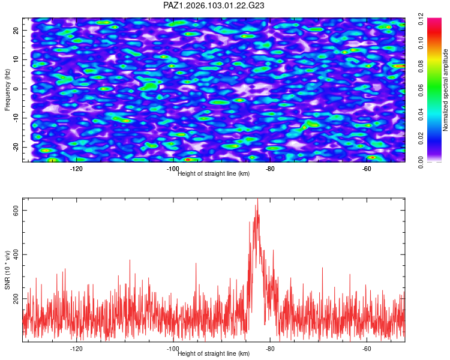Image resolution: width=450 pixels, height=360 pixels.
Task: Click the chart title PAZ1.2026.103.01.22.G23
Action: point(214,5)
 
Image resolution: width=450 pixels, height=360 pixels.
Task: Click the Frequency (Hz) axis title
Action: point(7,90)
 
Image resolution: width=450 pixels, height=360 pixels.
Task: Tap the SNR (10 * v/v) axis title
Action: point(7,270)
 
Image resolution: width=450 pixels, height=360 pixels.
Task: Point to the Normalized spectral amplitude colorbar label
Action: point(445,90)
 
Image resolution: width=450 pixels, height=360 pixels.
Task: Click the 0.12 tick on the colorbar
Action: point(421,19)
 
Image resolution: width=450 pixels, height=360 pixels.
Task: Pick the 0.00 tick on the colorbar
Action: point(421,162)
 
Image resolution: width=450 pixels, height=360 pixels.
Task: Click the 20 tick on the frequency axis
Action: point(16,31)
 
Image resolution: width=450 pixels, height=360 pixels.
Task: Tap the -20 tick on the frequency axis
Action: point(16,147)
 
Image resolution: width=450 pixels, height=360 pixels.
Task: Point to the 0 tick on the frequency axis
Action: point(16,89)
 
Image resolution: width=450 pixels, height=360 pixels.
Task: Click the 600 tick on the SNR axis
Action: point(16,211)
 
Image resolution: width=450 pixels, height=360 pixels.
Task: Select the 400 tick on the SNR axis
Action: point(16,254)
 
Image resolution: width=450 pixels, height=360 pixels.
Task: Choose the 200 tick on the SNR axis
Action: point(16,299)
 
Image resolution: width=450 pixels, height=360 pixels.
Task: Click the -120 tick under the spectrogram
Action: point(76,169)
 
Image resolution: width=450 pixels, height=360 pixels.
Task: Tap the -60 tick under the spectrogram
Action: point(367,169)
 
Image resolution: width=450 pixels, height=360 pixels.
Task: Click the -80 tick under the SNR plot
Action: point(270,349)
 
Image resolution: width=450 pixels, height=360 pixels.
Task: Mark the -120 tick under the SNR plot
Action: point(76,349)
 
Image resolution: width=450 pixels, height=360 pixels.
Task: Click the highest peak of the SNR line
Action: point(257,199)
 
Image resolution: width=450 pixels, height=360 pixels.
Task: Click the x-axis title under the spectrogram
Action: point(214,173)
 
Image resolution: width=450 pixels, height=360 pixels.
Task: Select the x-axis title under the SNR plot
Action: point(214,353)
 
